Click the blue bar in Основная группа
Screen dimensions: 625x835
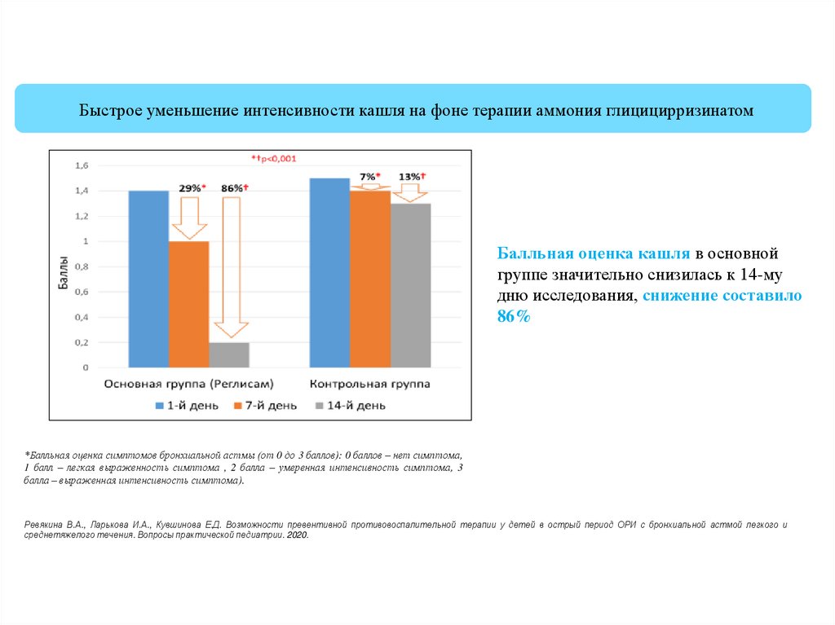point(148,279)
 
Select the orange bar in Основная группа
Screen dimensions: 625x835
point(188,304)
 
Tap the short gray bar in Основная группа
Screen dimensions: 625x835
point(229,354)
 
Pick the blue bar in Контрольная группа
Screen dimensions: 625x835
point(329,272)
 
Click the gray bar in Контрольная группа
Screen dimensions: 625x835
point(410,285)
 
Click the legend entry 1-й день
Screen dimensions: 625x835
point(188,405)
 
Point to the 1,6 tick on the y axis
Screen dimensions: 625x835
point(82,165)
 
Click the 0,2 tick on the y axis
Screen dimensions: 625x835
point(82,342)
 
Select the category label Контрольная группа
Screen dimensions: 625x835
point(369,383)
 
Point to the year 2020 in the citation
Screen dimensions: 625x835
point(298,537)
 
